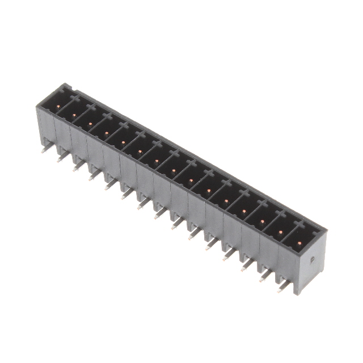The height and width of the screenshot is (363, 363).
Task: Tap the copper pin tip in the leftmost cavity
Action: point(59,105)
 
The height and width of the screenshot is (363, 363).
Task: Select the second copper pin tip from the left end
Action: point(74,115)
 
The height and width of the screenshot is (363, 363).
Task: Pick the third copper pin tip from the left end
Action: point(90,124)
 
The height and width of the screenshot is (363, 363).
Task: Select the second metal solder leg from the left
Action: point(60,158)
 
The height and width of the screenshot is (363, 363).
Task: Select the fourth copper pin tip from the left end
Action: point(106,133)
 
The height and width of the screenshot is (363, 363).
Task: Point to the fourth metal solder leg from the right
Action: point(227,256)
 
